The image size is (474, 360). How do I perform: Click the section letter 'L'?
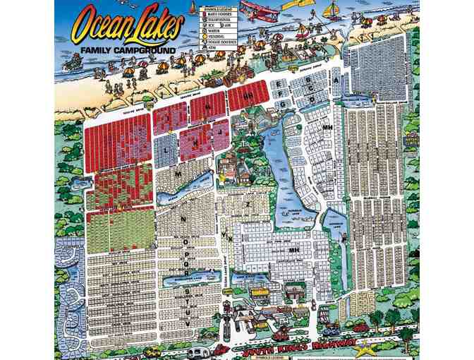point(166,151)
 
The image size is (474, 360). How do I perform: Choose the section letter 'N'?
point(183,220)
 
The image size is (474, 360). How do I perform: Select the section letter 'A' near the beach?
point(336,80)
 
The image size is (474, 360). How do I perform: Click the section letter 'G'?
point(282,104)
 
